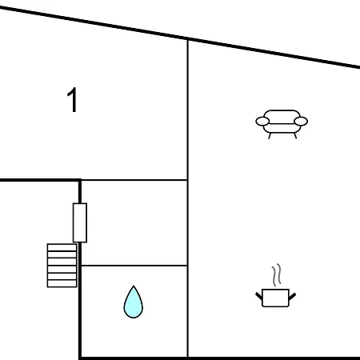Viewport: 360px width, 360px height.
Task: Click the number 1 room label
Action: (72, 100)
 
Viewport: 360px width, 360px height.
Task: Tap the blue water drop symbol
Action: (134, 302)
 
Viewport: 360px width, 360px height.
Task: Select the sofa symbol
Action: (282, 124)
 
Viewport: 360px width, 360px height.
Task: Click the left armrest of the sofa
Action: (262, 122)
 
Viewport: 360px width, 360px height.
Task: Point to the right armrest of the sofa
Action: (301, 122)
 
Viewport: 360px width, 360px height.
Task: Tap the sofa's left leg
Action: (270, 136)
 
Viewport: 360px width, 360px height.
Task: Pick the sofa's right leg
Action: (295, 136)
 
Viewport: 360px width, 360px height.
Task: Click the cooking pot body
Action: (275, 298)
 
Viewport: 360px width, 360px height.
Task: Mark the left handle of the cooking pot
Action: (259, 296)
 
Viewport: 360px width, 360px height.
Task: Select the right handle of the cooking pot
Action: (293, 296)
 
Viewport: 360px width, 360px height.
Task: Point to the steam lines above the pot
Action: (277, 274)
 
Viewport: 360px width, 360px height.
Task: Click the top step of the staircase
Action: (62, 247)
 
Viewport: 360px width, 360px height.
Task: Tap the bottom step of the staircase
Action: (62, 283)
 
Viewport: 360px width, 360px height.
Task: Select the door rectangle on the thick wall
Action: (80, 222)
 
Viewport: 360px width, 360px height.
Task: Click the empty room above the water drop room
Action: (134, 223)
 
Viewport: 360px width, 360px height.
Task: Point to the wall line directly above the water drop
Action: (134, 266)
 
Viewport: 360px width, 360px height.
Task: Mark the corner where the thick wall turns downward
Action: (80, 181)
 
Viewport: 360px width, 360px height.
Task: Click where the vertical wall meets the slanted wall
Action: (188, 39)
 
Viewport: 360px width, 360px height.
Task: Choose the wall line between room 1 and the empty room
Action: (134, 180)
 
